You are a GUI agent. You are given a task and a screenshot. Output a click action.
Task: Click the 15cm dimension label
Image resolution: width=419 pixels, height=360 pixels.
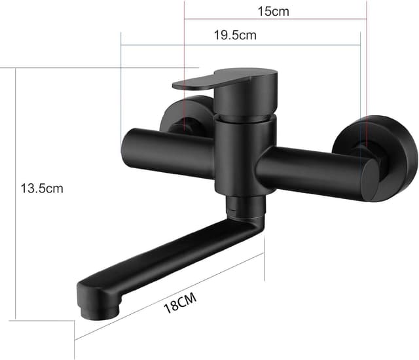tap(273, 11)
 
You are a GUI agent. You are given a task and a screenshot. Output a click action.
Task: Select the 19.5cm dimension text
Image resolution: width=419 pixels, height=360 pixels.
tap(235, 35)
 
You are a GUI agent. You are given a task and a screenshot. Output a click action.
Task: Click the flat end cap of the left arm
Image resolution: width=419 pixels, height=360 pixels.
tap(126, 151)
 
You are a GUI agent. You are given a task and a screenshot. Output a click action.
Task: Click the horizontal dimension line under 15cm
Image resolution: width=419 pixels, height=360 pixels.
tap(275, 20)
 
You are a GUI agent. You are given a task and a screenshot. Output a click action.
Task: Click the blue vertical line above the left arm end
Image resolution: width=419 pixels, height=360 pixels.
tap(122, 85)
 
